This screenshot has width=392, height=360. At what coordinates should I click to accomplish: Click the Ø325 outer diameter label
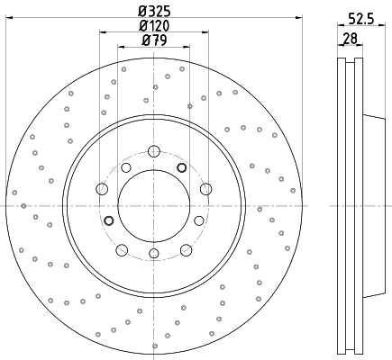pyautogui.click(x=155, y=12)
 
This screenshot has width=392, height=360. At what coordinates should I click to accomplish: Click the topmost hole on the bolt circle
pyautogui.click(x=153, y=149)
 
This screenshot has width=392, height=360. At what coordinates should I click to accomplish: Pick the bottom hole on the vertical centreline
pyautogui.click(x=153, y=254)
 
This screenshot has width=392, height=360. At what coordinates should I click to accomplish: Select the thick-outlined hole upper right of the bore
pyautogui.click(x=181, y=168)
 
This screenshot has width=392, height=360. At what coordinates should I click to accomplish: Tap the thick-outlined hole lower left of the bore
pyautogui.click(x=109, y=220)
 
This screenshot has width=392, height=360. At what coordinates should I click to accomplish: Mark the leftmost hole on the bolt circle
pyautogui.click(x=102, y=188)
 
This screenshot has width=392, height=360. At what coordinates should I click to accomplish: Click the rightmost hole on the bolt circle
pyautogui.click(x=205, y=188)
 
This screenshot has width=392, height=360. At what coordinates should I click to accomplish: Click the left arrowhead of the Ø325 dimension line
pyautogui.click(x=9, y=20)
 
